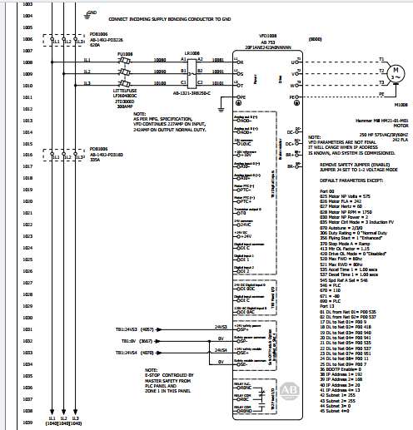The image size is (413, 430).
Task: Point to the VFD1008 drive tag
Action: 267,37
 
